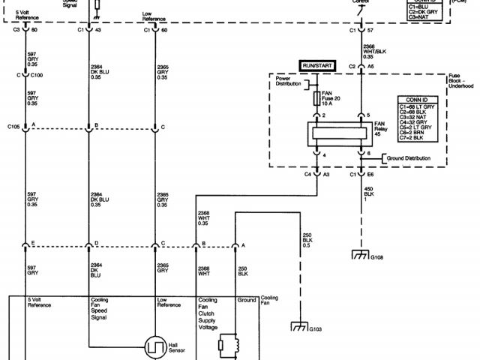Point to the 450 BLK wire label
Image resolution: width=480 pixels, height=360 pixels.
point(368,192)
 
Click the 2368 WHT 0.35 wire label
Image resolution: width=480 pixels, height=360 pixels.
point(204,217)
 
